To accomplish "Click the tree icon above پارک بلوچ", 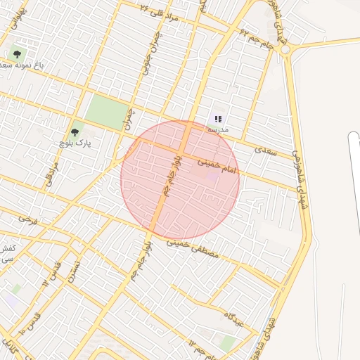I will pyautogui.click(x=75, y=131).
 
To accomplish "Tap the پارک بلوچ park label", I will pyautogui.click(x=75, y=143).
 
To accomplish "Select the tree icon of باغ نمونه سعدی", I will pyautogui.click(x=17, y=53).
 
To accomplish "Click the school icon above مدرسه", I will pyautogui.click(x=218, y=120).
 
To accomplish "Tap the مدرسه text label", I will pyautogui.click(x=218, y=130).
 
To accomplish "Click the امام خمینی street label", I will pyautogui.click(x=218, y=166).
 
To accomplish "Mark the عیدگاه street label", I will pyautogui.click(x=233, y=319).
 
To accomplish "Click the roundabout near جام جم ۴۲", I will pyautogui.click(x=284, y=50).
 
